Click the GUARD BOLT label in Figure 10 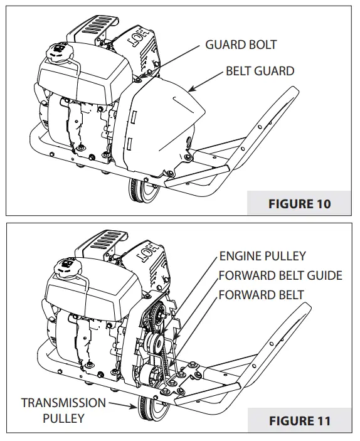[241, 45]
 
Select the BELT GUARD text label [260, 71]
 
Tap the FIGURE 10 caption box [300, 204]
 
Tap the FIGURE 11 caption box [300, 420]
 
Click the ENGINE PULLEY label [262, 256]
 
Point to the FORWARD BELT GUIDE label [280, 275]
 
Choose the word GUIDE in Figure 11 [327, 275]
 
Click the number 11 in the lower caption [322, 420]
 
